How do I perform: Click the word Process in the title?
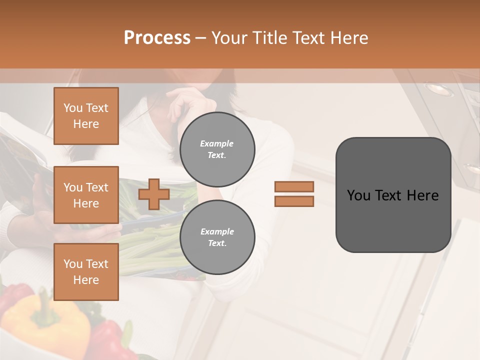click(x=157, y=38)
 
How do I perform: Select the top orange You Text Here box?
click(x=86, y=116)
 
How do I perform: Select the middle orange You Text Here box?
click(x=86, y=195)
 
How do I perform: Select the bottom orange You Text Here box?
click(x=86, y=272)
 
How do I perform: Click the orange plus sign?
click(x=154, y=194)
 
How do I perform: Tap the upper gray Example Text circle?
click(x=217, y=149)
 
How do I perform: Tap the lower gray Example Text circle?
click(x=217, y=237)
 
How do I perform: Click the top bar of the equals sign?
click(x=294, y=186)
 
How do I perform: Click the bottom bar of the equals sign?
click(x=294, y=201)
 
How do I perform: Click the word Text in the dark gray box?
click(x=393, y=195)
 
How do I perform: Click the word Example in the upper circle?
click(x=217, y=143)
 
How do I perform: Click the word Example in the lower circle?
click(x=217, y=231)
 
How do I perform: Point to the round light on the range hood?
click(x=439, y=89)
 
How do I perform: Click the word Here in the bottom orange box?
click(x=86, y=280)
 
